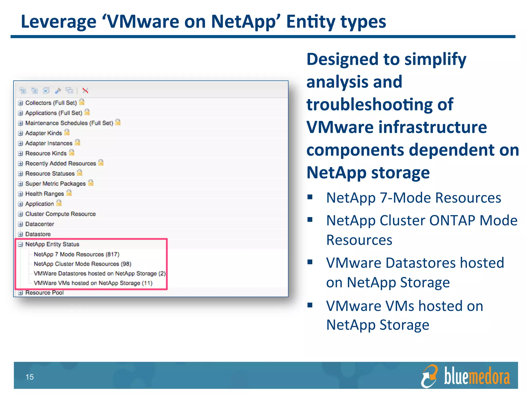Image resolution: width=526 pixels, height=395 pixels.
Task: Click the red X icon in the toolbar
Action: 85,91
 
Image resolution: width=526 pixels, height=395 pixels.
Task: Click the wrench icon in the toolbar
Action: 58,91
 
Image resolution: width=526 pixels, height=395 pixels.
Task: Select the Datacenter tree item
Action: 40,224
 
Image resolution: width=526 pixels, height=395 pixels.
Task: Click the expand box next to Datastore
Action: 21,234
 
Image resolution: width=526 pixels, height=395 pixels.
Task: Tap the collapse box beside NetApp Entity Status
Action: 21,244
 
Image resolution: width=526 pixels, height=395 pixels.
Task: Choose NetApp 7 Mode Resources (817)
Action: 77,254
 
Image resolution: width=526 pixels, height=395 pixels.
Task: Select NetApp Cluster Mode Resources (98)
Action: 82,264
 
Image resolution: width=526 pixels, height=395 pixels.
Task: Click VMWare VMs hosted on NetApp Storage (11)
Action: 93,283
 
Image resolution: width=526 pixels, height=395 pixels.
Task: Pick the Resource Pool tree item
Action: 44,293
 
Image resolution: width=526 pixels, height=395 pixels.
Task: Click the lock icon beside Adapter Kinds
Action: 67,132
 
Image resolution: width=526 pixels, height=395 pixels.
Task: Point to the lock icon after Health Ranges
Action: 69,193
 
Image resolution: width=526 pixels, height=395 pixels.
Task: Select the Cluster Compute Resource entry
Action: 60,214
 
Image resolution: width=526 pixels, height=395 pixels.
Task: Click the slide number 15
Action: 30,377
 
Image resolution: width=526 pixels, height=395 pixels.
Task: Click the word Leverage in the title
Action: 59,22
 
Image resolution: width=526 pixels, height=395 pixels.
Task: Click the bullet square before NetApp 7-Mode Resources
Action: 310,197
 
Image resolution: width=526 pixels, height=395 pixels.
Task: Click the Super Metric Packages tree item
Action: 55,184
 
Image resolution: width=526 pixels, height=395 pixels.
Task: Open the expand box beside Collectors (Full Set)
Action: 21,103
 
